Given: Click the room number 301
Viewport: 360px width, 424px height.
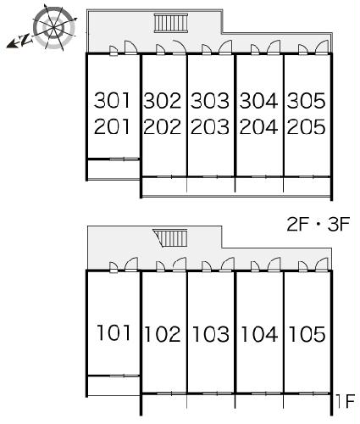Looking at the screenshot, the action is pos(113,100).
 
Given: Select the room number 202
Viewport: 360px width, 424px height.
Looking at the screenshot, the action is pos(162,126).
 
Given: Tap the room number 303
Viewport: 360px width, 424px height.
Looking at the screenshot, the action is pos(210,101).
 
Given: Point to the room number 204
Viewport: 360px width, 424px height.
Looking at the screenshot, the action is pos(258,126).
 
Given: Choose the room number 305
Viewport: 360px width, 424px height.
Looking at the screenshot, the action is pos(307,101).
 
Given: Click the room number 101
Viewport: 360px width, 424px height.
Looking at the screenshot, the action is pos(114,332).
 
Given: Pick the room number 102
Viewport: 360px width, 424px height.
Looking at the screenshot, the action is pos(163,334).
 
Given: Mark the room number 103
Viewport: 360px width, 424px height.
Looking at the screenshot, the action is pos(211,334).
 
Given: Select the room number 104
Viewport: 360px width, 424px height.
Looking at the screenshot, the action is pos(259,334).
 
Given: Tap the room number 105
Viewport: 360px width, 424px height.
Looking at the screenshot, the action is pos(307,334).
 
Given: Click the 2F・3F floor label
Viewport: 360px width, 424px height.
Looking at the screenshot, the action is pos(318,225).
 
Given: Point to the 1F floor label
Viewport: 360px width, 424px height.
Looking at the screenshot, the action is pos(346,401).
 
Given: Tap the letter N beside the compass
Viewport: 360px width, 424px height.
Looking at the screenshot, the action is pos(26,40).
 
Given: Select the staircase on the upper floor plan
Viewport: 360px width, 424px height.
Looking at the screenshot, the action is pos(171,23).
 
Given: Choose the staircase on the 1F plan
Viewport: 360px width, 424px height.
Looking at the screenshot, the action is pos(171,238).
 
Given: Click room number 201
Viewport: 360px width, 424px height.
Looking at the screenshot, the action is pos(113,126).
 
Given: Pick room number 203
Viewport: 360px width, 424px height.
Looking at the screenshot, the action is pos(210,126).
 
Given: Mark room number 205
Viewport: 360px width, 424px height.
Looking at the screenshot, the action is pos(307,126).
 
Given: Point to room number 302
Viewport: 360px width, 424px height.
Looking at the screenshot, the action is pos(162,101).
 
